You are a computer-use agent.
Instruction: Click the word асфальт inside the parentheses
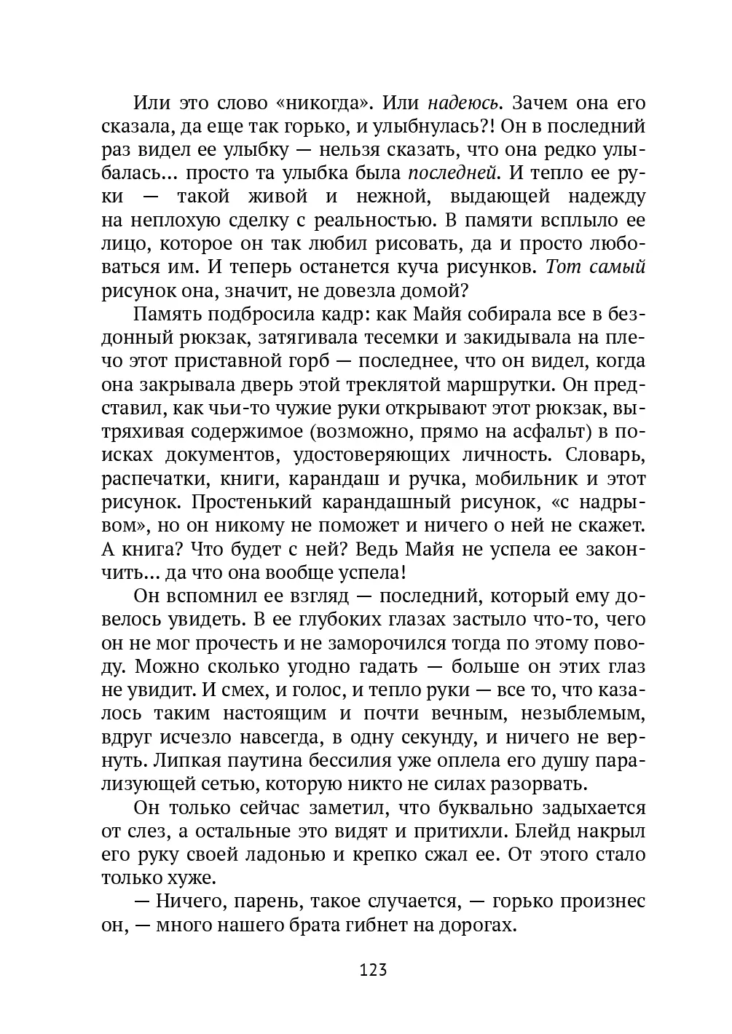[x=548, y=431]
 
